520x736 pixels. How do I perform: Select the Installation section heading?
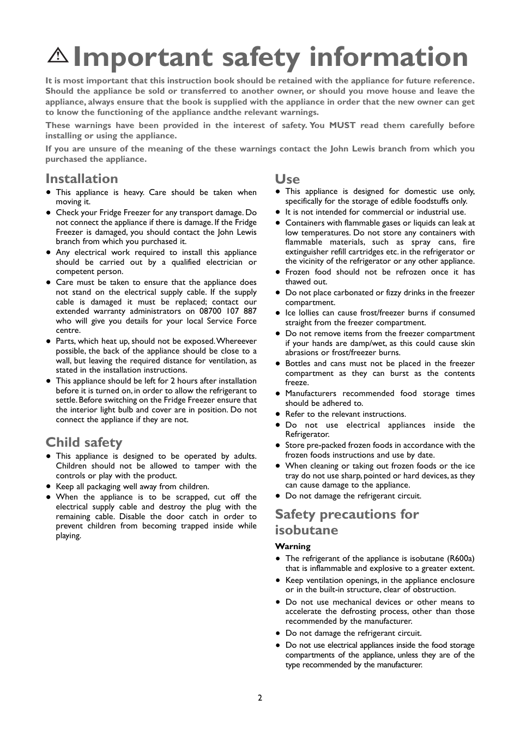click(x=82, y=179)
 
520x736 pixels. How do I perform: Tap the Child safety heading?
click(x=84, y=442)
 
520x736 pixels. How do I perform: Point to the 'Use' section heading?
click(x=287, y=179)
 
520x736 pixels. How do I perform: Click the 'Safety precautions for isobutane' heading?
click(x=347, y=522)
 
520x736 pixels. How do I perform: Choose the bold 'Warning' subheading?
click(x=293, y=546)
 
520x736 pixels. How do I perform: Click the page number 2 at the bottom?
click(x=260, y=698)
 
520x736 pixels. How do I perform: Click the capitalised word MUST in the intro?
click(x=342, y=125)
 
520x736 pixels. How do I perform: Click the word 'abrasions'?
click(x=301, y=352)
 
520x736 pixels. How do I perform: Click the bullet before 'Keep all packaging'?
click(x=49, y=486)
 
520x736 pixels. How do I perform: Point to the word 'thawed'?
click(x=298, y=282)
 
